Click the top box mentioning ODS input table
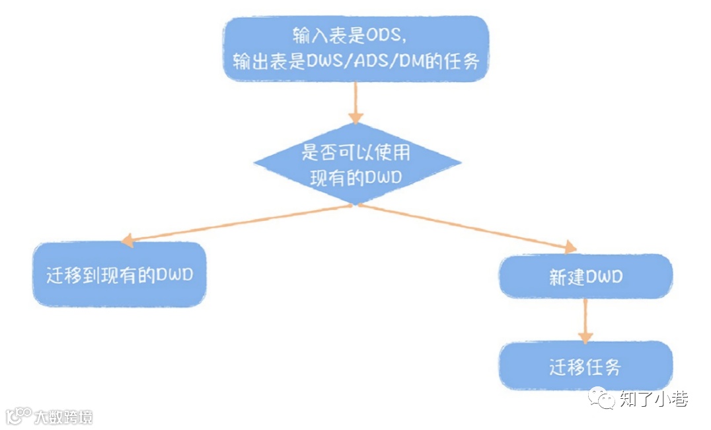pyautogui.click(x=355, y=49)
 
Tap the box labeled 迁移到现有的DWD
pyautogui.click(x=119, y=274)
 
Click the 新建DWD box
pyautogui.click(x=585, y=276)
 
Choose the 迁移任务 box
pyautogui.click(x=585, y=366)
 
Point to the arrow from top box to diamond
pyautogui.click(x=356, y=103)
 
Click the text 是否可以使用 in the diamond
pyautogui.click(x=357, y=153)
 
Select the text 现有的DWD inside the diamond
pyautogui.click(x=357, y=178)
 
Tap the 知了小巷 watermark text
pyautogui.click(x=654, y=399)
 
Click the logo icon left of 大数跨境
pyautogui.click(x=19, y=415)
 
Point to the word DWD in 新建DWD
pyautogui.click(x=601, y=277)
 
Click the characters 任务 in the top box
pyautogui.click(x=474, y=62)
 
